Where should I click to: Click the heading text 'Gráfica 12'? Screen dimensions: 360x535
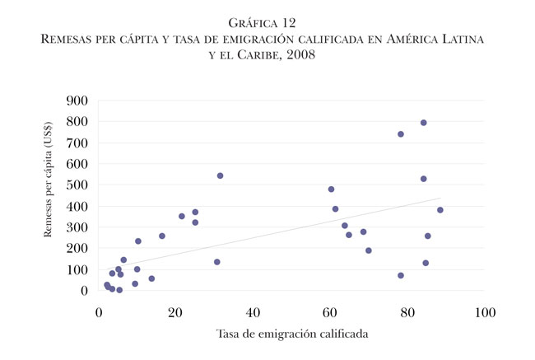click(x=267, y=22)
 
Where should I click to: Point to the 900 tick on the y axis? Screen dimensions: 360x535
click(x=79, y=101)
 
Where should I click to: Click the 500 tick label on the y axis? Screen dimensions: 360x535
click(x=79, y=186)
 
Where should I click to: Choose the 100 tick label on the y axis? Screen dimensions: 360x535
click(x=79, y=270)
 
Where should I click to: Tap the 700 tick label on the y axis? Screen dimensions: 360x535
click(x=79, y=143)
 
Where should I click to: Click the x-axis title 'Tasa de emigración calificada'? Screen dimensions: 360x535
click(x=291, y=334)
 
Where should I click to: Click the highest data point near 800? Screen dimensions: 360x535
click(x=423, y=123)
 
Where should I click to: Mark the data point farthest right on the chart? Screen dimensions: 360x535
click(x=440, y=210)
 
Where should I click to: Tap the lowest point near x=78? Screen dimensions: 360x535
click(x=401, y=275)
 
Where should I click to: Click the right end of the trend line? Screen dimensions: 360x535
click(x=441, y=199)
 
